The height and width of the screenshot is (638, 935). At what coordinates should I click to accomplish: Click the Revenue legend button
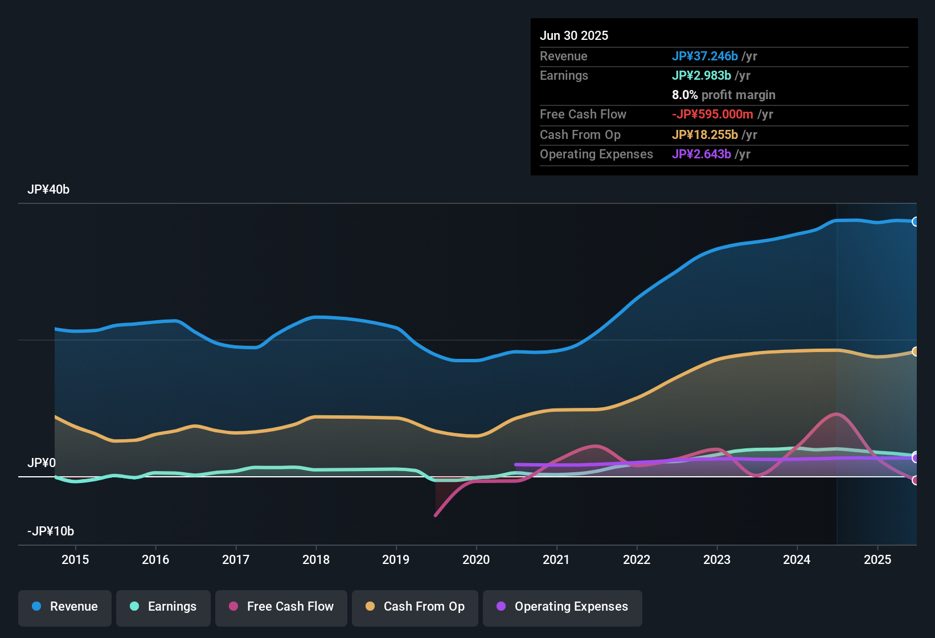pyautogui.click(x=65, y=607)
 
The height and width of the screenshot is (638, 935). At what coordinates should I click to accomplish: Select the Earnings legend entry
pyautogui.click(x=163, y=607)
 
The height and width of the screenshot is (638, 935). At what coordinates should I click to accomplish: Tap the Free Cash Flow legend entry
pyautogui.click(x=281, y=607)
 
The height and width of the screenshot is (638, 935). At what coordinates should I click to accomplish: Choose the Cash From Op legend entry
pyautogui.click(x=415, y=607)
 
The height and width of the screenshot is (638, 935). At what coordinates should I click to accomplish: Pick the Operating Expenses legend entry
pyautogui.click(x=563, y=607)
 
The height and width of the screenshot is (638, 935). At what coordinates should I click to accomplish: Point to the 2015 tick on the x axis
pyautogui.click(x=75, y=559)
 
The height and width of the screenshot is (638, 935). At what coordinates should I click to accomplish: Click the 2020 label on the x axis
pyautogui.click(x=476, y=559)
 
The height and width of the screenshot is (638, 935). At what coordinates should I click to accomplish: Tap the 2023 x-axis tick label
pyautogui.click(x=717, y=559)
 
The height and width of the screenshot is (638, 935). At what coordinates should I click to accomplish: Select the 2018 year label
pyautogui.click(x=316, y=559)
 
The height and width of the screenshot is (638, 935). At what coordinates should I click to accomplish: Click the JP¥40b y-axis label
pyautogui.click(x=48, y=190)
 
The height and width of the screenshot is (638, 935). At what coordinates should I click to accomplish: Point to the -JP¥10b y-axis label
pyautogui.click(x=51, y=531)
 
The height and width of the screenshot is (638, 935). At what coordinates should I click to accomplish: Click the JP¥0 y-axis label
pyautogui.click(x=42, y=463)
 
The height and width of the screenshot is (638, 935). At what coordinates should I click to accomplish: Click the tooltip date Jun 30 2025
pyautogui.click(x=574, y=36)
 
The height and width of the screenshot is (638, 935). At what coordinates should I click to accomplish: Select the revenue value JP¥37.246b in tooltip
pyautogui.click(x=705, y=56)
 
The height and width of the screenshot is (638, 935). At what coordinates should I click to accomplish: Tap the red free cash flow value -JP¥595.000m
pyautogui.click(x=712, y=114)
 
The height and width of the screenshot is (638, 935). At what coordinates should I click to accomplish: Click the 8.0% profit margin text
pyautogui.click(x=723, y=95)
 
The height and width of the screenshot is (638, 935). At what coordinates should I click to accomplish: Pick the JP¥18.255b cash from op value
pyautogui.click(x=705, y=135)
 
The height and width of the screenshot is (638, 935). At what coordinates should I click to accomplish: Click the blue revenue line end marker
pyautogui.click(x=915, y=222)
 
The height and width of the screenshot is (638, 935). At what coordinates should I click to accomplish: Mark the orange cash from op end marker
pyautogui.click(x=915, y=351)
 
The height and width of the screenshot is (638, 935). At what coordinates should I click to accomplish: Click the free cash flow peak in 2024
pyautogui.click(x=836, y=414)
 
